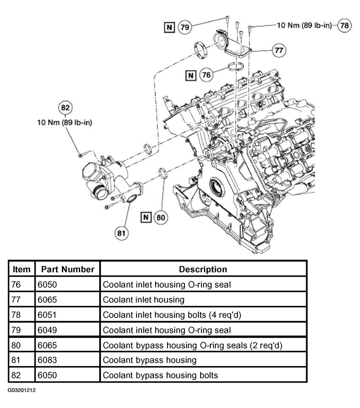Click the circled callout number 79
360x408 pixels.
pyautogui.click(x=185, y=27)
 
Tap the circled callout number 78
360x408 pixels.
pyautogui.click(x=344, y=25)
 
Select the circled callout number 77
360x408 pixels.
pyautogui.click(x=279, y=50)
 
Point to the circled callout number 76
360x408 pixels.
pyautogui.click(x=207, y=75)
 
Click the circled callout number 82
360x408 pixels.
pyautogui.click(x=65, y=108)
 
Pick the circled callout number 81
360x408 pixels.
pyautogui.click(x=121, y=233)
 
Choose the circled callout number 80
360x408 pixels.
pyautogui.click(x=161, y=217)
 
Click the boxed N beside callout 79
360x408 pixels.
pyautogui.click(x=169, y=27)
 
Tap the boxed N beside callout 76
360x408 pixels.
pyautogui.click(x=191, y=75)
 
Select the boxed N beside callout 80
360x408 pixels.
pyautogui.click(x=146, y=217)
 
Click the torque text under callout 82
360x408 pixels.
pyautogui.click(x=64, y=122)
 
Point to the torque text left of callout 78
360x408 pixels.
pyautogui.click(x=304, y=25)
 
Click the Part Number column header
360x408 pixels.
pyautogui.click(x=68, y=269)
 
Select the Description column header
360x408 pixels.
pyautogui.click(x=203, y=269)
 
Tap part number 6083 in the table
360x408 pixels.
pyautogui.click(x=47, y=360)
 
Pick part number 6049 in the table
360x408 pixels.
pyautogui.click(x=47, y=330)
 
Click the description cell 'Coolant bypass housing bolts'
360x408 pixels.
pyautogui.click(x=160, y=375)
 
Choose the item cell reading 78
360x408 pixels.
pyautogui.click(x=16, y=315)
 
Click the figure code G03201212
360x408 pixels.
pyautogui.click(x=22, y=390)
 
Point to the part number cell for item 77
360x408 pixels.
pyautogui.click(x=47, y=300)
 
